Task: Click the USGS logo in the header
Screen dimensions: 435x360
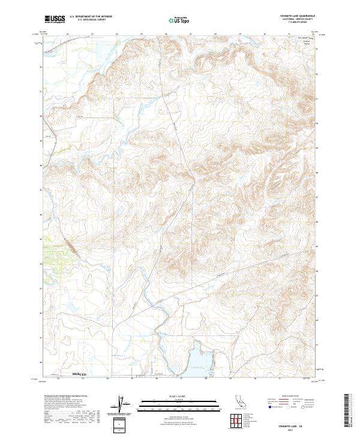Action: (55, 19)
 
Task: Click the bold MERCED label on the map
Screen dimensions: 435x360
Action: (79, 373)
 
